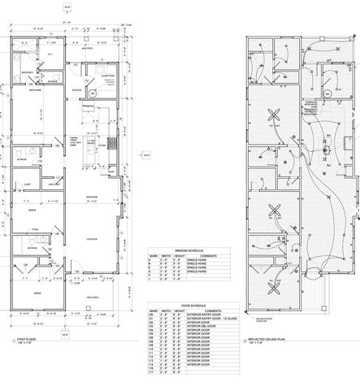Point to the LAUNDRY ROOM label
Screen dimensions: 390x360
[106, 76]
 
